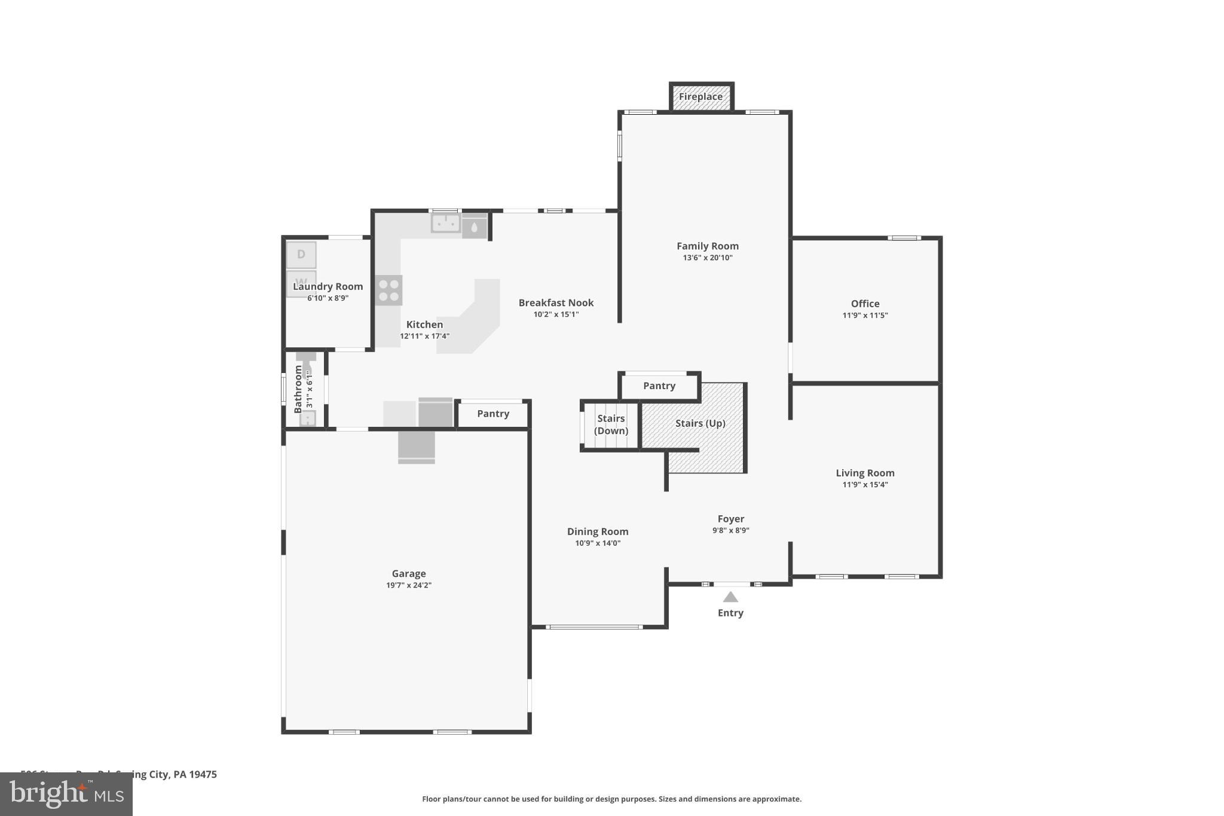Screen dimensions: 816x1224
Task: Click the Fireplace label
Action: click(700, 97)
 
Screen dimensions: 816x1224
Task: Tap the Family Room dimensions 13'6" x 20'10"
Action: click(708, 258)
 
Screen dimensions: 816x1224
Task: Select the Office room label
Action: click(865, 304)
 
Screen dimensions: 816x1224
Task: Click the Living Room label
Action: click(865, 473)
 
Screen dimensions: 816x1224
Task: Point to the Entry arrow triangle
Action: click(730, 597)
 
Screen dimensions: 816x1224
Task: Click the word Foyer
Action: click(730, 519)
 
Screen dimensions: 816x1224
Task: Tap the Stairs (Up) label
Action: click(700, 423)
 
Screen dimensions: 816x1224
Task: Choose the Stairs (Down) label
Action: click(611, 424)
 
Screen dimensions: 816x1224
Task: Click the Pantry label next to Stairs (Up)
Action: click(659, 386)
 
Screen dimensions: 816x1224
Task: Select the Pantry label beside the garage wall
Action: click(493, 414)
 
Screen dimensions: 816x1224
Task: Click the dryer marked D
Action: click(301, 255)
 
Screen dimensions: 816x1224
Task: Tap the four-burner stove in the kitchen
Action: click(389, 291)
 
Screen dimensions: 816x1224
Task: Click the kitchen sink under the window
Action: click(446, 224)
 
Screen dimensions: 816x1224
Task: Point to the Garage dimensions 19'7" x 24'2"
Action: click(409, 585)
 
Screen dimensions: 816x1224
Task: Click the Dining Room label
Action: click(597, 531)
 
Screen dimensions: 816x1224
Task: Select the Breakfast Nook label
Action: click(556, 303)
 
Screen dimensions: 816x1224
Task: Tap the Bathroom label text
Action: click(298, 389)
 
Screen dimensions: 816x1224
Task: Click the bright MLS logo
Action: click(66, 794)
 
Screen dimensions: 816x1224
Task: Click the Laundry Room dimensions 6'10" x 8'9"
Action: click(328, 298)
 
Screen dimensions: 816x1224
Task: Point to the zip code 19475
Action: click(203, 774)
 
